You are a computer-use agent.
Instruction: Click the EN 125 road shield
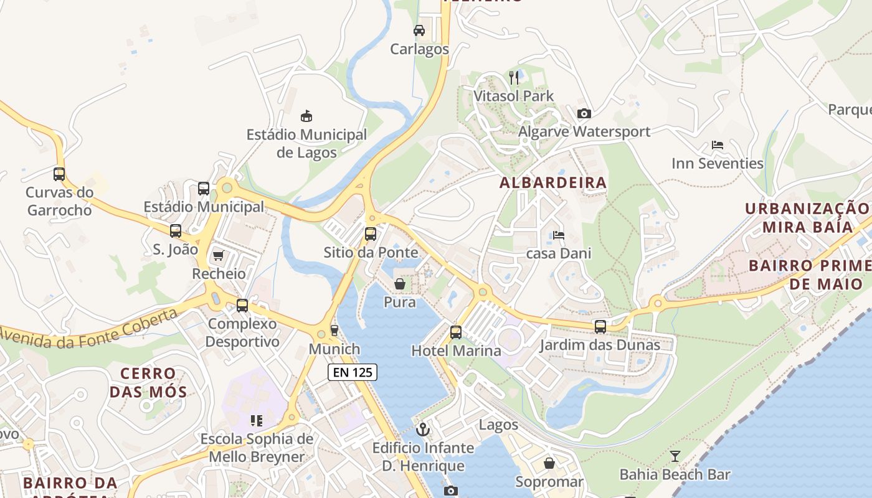(x=353, y=372)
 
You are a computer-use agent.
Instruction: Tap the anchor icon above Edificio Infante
(x=423, y=429)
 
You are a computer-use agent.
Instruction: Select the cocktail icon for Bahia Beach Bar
(x=675, y=456)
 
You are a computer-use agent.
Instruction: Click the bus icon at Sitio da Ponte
(x=371, y=234)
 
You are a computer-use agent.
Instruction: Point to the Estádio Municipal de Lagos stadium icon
(x=306, y=116)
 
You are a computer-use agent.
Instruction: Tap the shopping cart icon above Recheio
(x=218, y=255)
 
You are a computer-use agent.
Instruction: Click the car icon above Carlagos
(x=419, y=30)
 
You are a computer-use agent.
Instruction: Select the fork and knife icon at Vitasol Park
(x=514, y=77)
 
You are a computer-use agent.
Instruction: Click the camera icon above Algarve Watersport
(x=584, y=113)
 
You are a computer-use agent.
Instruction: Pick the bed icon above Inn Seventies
(x=718, y=145)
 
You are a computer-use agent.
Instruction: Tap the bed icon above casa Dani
(x=559, y=235)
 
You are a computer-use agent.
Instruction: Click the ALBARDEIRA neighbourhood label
(x=553, y=182)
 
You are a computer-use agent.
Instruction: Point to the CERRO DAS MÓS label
(x=148, y=383)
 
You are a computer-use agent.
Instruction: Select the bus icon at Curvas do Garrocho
(x=59, y=174)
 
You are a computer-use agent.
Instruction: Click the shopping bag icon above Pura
(x=400, y=284)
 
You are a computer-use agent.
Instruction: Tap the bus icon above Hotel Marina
(x=456, y=332)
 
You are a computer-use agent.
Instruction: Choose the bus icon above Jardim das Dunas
(x=600, y=326)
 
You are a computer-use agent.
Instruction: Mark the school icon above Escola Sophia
(x=256, y=421)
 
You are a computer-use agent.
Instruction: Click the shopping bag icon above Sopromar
(x=549, y=463)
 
